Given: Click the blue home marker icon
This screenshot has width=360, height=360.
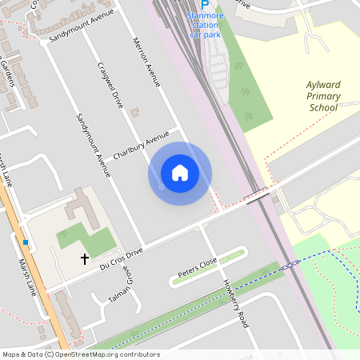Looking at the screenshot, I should (180, 173).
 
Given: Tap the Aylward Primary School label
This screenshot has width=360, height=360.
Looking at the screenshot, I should (324, 96).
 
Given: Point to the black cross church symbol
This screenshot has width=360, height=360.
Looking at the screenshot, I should (84, 259).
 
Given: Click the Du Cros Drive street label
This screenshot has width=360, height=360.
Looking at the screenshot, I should (122, 257).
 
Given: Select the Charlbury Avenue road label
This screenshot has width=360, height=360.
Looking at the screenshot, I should (142, 144).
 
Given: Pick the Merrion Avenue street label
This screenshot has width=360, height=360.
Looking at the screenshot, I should (147, 62).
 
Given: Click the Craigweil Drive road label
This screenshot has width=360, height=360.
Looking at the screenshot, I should (110, 85).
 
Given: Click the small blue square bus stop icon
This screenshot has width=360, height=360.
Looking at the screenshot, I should (26, 242).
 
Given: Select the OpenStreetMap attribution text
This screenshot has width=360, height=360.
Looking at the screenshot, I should (80, 354).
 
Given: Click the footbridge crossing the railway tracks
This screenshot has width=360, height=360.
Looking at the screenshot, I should (257, 196).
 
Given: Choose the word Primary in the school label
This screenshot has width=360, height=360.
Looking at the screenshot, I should (324, 97).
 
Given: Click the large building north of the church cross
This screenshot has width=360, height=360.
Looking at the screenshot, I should (79, 206).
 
